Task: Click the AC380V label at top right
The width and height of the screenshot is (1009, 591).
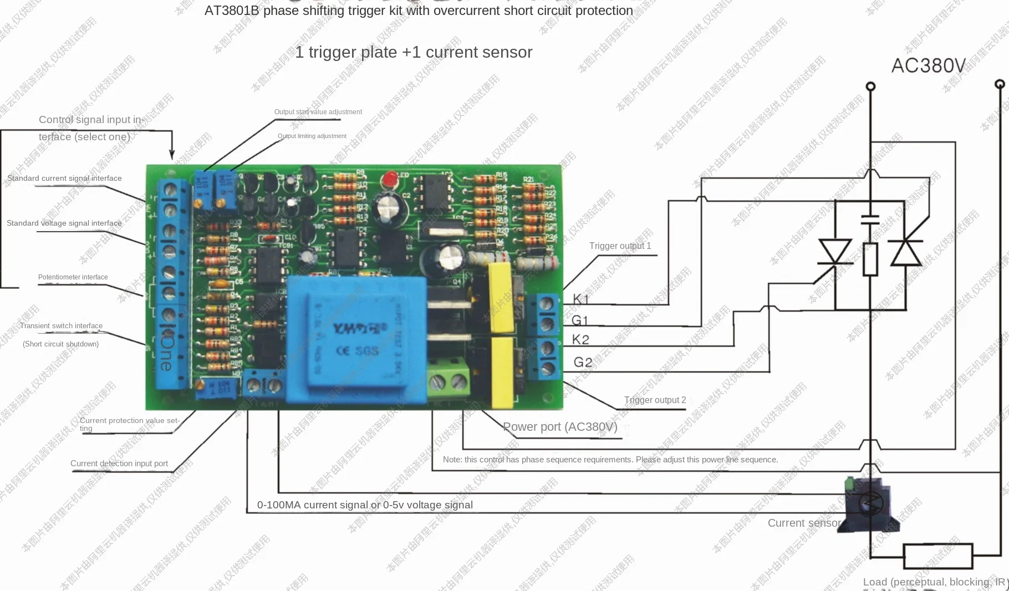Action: tap(929, 66)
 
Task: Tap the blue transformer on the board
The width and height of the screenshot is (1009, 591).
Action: tap(356, 339)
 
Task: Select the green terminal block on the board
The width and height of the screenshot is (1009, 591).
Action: tap(449, 380)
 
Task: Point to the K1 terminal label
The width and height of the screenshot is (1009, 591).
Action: tap(580, 299)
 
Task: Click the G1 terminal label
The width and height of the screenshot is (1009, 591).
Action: tap(580, 320)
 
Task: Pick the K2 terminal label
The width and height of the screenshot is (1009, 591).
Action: tap(580, 339)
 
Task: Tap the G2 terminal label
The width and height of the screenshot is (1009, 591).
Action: tap(583, 362)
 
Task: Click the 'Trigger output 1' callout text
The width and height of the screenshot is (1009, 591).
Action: tap(620, 246)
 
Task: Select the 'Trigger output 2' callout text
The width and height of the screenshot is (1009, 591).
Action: tap(655, 400)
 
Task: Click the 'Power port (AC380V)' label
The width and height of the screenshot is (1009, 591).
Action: tap(560, 427)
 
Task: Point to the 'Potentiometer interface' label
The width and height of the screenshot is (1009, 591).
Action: tap(73, 277)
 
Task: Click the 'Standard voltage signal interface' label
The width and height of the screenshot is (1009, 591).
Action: tap(64, 223)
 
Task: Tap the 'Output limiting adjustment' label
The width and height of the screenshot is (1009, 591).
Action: tap(312, 136)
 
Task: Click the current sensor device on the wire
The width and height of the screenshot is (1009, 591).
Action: tap(868, 503)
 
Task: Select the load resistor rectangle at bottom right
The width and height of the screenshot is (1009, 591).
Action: tap(938, 556)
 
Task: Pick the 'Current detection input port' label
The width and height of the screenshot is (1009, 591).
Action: tap(119, 463)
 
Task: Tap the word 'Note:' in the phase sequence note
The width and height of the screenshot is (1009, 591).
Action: tap(452, 460)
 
